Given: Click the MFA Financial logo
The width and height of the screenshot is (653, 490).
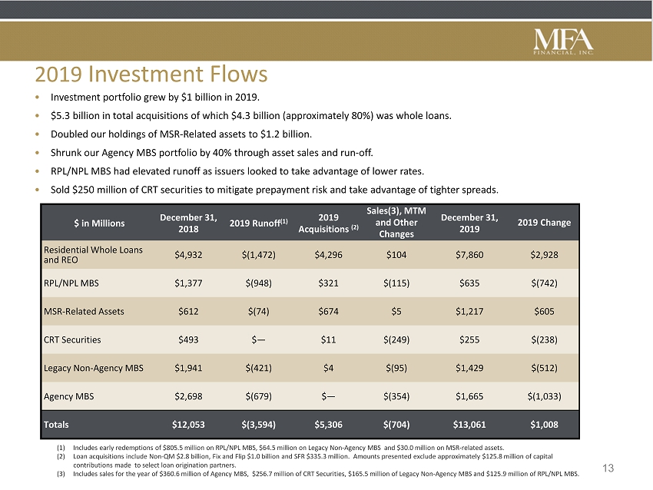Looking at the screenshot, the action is tap(563, 41).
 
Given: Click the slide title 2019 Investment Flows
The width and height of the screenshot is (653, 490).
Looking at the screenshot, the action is tap(151, 74).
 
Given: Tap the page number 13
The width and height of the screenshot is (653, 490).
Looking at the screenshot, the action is tap(608, 468).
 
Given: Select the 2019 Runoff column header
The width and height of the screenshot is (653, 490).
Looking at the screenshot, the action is tap(259, 223).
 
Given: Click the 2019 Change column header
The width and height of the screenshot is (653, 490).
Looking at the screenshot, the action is tap(544, 223).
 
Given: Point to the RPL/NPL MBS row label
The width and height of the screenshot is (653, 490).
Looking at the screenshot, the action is tap(71, 283).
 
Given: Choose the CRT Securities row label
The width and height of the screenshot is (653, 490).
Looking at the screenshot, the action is tap(72, 339).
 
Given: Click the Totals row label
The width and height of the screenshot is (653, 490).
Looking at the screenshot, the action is tap(56, 425).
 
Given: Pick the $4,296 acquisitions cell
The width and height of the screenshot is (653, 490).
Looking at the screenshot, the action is tap(328, 255).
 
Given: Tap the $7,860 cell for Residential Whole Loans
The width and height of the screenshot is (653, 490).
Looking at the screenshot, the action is tap(469, 255).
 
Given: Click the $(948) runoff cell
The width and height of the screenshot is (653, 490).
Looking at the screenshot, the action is tap(259, 283).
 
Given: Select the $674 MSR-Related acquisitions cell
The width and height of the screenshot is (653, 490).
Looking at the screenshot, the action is tap(328, 311).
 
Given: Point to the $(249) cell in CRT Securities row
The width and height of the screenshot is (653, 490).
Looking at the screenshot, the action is tap(396, 339).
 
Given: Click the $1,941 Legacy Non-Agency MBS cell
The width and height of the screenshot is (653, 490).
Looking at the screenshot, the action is tap(188, 368).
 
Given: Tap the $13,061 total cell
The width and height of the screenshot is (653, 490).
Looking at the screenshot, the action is tap(469, 425).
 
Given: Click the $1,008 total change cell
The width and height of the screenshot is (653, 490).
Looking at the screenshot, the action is tap(544, 425).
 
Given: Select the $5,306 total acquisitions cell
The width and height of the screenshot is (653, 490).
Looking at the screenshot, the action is tap(328, 425).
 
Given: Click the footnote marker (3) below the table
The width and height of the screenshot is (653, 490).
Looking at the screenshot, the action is tap(61, 474).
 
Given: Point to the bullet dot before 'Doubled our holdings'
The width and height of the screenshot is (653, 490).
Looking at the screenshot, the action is tap(38, 134).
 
